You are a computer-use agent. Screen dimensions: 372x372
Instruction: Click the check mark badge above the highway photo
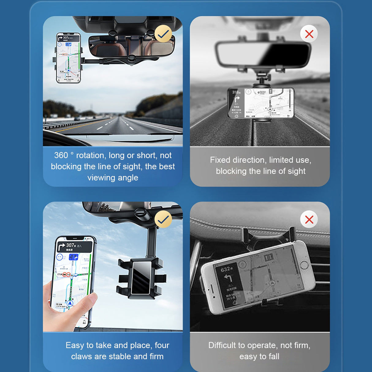click(163, 34)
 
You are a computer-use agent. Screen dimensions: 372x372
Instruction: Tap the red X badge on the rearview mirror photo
click(309, 34)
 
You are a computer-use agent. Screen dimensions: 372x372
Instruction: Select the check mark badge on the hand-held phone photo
click(163, 219)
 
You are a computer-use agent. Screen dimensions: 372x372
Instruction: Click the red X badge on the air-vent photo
click(309, 219)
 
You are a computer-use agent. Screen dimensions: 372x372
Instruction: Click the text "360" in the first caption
click(61, 155)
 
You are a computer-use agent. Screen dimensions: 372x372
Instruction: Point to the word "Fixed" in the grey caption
click(220, 160)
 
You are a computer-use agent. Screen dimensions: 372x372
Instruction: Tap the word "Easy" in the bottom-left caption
click(75, 345)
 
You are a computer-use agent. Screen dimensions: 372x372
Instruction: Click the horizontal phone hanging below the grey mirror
click(260, 103)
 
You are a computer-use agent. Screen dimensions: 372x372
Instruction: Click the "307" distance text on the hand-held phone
click(70, 245)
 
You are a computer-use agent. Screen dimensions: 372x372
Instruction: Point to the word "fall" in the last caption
click(274, 357)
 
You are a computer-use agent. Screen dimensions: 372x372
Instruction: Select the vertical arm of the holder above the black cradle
click(152, 242)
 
